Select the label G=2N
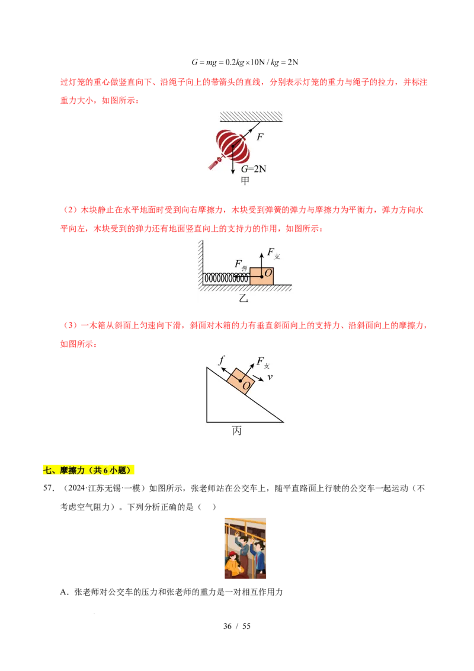253,169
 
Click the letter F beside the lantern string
260,136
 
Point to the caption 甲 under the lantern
245,181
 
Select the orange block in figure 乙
261,276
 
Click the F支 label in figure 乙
273,253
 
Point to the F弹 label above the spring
240,265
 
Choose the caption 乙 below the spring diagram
243,298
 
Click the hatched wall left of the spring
200,261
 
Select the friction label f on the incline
222,359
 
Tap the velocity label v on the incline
270,377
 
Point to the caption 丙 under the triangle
237,431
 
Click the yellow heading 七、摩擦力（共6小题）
89,470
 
